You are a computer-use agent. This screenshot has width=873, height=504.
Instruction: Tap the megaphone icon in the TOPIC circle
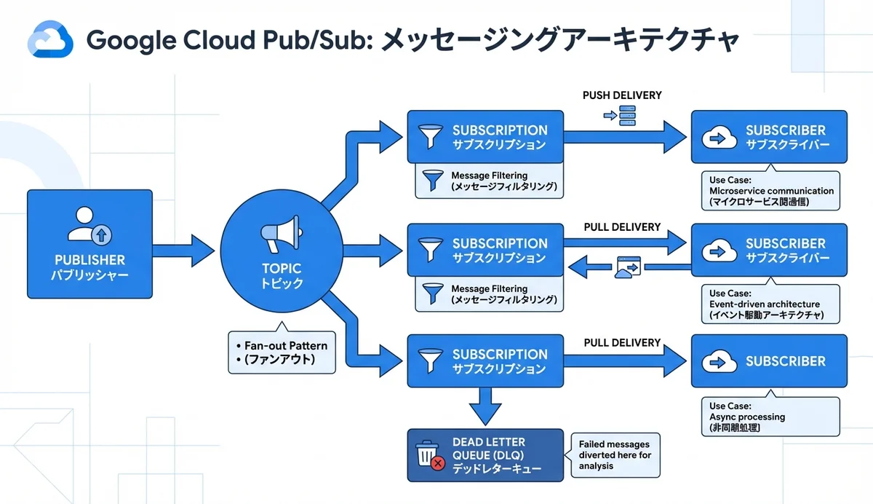(282, 235)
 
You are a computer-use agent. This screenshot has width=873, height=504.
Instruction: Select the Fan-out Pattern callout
(282, 353)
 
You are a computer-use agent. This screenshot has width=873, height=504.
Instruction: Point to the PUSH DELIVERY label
(622, 96)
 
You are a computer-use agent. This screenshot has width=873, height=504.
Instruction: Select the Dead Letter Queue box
(485, 455)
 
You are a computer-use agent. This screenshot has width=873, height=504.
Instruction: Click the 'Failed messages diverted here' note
(615, 454)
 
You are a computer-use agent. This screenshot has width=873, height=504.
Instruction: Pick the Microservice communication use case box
(770, 191)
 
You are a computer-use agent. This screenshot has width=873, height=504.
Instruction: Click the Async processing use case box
(770, 417)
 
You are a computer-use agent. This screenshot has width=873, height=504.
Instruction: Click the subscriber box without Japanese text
(769, 361)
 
